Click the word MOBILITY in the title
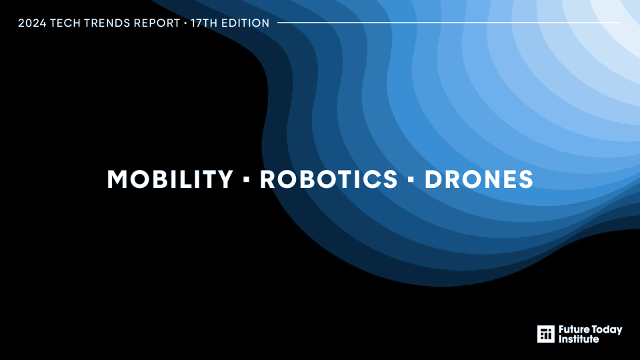[170, 179]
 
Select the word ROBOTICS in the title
[329, 179]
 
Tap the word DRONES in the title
[479, 179]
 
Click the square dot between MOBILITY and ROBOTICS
[246, 179]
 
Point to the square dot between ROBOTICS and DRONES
[411, 179]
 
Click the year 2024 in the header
[32, 23]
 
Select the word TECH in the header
[65, 23]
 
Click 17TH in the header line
[204, 23]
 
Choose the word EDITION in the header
[245, 23]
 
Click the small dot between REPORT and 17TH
[185, 23]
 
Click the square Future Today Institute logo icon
[546, 334]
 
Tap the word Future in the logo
[574, 329]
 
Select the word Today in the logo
[607, 330]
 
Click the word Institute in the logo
[579, 339]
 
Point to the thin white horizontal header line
[449, 23]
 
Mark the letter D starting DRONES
[433, 179]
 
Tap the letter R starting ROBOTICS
[268, 179]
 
